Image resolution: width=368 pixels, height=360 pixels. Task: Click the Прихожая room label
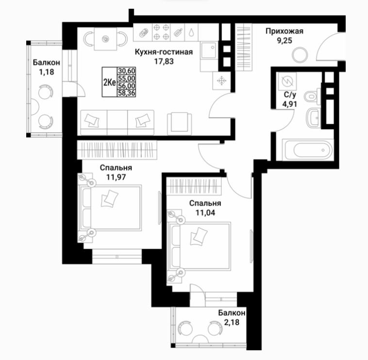click(284, 31)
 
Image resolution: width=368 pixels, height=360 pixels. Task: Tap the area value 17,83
click(164, 61)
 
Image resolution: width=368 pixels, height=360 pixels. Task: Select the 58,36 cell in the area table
click(127, 93)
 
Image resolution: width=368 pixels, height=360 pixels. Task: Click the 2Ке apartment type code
click(109, 82)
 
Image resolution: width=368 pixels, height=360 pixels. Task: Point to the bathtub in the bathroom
click(308, 150)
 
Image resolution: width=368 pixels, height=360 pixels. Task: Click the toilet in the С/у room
click(313, 97)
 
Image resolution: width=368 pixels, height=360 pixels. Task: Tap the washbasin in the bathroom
click(314, 118)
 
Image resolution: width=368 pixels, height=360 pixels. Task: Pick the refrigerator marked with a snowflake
click(221, 81)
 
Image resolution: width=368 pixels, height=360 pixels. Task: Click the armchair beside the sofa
click(180, 123)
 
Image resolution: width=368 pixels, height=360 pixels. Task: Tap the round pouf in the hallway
click(300, 55)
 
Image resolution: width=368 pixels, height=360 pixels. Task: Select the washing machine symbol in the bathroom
click(286, 81)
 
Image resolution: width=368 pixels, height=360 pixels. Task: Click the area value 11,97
click(116, 177)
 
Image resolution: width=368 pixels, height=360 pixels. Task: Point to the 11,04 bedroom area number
click(205, 213)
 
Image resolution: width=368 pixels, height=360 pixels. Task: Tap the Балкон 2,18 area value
click(232, 322)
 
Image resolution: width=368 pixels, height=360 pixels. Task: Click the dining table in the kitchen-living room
click(106, 39)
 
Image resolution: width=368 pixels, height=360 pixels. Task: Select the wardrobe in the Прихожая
click(244, 47)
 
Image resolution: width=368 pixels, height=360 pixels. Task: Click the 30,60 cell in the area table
click(127, 70)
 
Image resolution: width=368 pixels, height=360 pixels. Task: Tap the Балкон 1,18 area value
click(47, 72)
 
